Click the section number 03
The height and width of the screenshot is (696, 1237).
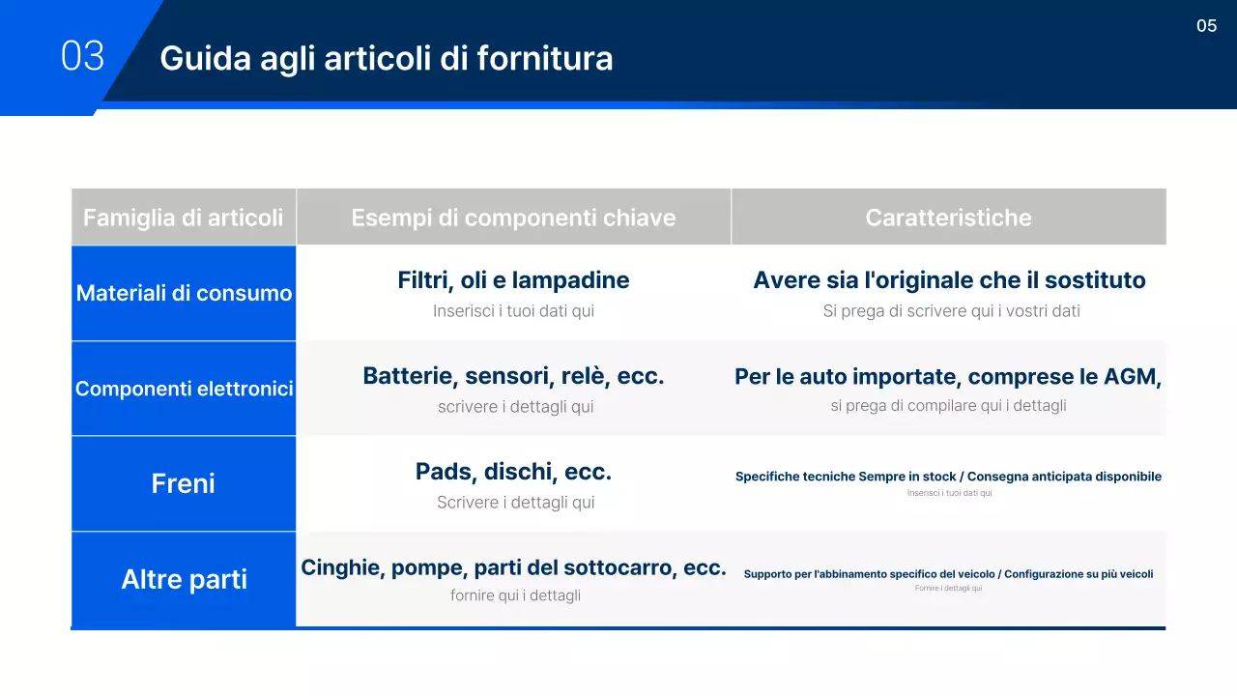pos(82,56)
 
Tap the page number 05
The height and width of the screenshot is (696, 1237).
pos(1206,26)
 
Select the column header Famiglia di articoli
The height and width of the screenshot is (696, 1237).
pos(183,217)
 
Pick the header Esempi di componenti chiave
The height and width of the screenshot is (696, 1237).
pos(513,217)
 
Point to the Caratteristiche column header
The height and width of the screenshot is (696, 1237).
pos(948,217)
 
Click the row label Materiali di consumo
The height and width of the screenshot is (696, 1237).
pos(184,293)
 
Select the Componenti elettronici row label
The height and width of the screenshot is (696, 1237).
pos(184,389)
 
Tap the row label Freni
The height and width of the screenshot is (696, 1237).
pos(183,483)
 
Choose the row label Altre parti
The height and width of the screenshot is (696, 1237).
pos(184,579)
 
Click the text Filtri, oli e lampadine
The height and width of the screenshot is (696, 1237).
pos(513,280)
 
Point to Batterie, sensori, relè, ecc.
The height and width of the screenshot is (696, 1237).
pos(513,376)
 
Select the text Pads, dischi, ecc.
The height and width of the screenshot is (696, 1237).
pos(513,472)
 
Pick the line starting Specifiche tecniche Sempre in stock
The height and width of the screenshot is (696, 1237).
pos(948,477)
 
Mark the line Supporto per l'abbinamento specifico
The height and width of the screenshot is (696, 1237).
pos(948,574)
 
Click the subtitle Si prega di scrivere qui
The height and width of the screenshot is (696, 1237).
pos(951,311)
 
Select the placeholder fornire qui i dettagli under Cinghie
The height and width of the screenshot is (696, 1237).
pos(515,595)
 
